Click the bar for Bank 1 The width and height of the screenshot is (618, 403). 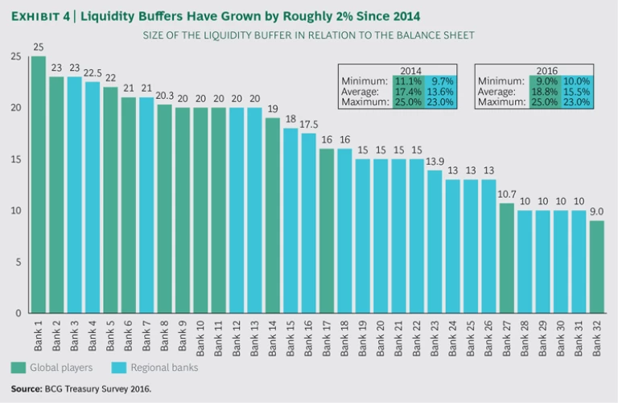(x=38, y=184)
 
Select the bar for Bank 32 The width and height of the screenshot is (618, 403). (x=596, y=266)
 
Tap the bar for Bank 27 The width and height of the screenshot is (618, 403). (x=506, y=257)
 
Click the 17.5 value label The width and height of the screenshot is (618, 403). (x=308, y=126)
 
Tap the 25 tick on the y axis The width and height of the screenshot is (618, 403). (x=16, y=56)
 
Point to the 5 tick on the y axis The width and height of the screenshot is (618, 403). (x=19, y=261)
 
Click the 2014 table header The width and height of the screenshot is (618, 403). (x=410, y=70)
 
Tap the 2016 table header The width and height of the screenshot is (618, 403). (x=547, y=70)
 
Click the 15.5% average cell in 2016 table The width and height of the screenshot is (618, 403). (x=577, y=92)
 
